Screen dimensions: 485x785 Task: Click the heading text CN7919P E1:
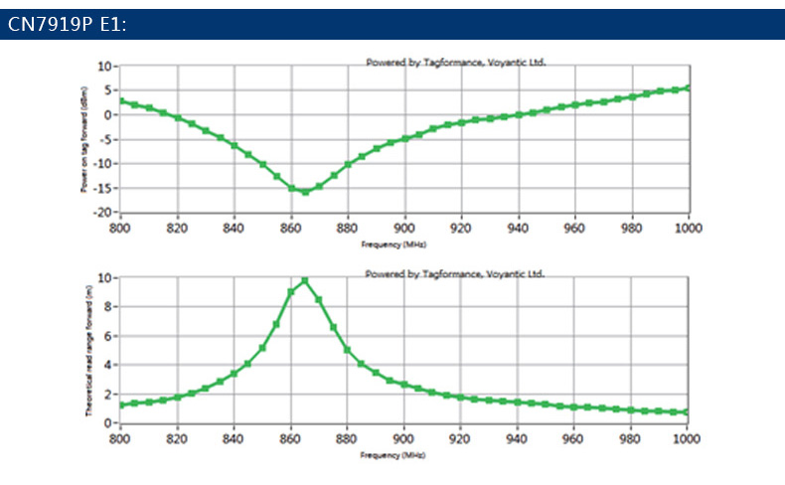click(x=68, y=25)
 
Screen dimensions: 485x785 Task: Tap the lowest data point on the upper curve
click(x=305, y=192)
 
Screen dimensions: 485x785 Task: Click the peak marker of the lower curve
click(x=305, y=280)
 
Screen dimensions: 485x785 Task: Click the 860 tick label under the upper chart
click(x=291, y=228)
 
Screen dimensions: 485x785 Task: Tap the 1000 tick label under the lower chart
click(x=689, y=438)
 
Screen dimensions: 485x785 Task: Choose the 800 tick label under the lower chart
click(x=120, y=438)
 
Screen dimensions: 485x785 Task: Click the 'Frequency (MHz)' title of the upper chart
click(x=404, y=242)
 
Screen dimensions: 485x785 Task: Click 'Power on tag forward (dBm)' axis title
click(x=86, y=139)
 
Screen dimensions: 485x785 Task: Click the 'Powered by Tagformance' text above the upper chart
click(x=456, y=62)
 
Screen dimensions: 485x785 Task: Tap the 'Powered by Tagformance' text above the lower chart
click(x=456, y=271)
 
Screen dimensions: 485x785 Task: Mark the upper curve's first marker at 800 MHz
click(x=120, y=100)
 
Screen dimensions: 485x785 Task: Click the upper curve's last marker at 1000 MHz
click(x=689, y=87)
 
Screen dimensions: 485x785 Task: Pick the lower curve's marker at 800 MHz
click(x=120, y=405)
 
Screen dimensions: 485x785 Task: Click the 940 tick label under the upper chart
click(x=518, y=228)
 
